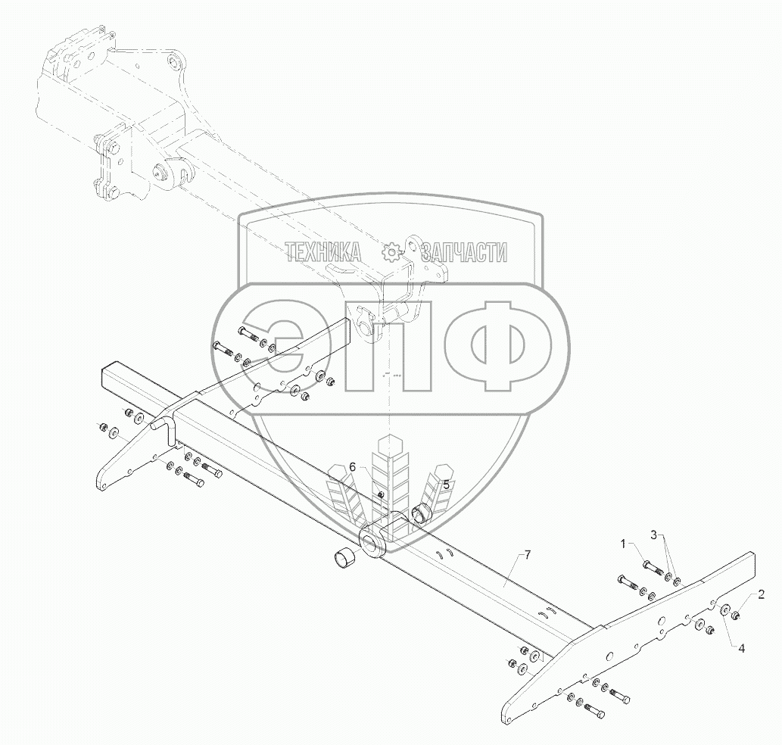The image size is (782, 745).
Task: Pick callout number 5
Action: point(446,484)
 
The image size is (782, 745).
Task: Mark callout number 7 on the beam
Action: point(528,556)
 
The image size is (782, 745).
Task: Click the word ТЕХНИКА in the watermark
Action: point(323,253)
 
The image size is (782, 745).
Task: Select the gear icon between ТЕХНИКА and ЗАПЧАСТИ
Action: point(392,252)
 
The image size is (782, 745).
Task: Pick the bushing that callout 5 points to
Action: point(422,516)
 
